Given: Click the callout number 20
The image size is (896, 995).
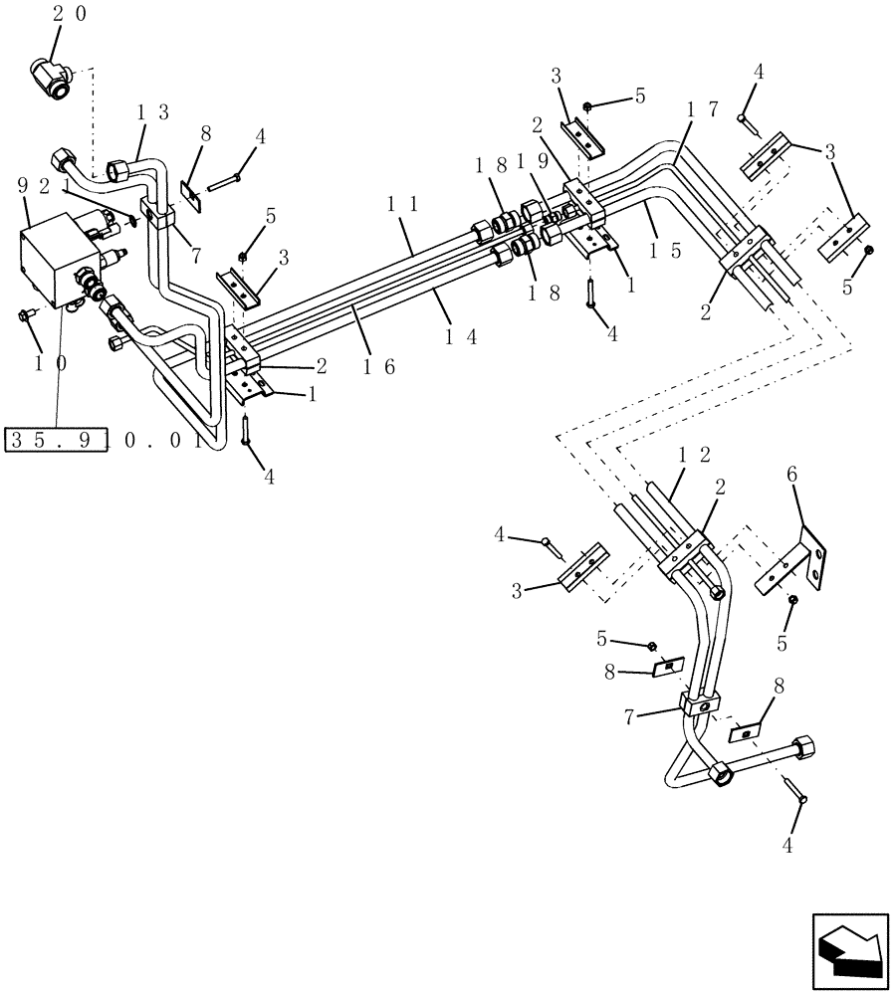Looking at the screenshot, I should pos(69,13).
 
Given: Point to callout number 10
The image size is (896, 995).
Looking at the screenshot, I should pos(48,363).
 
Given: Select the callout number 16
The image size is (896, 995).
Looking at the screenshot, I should pos(378,366).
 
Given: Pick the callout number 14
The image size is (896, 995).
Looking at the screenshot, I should pos(461,336).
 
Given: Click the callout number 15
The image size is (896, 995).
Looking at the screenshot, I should pos(660,251).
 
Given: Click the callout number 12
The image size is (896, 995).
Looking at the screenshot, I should pos(694,454).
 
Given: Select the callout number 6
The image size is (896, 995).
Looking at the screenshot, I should pos(791,477).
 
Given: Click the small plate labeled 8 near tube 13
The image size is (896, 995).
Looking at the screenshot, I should pos(191,195).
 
